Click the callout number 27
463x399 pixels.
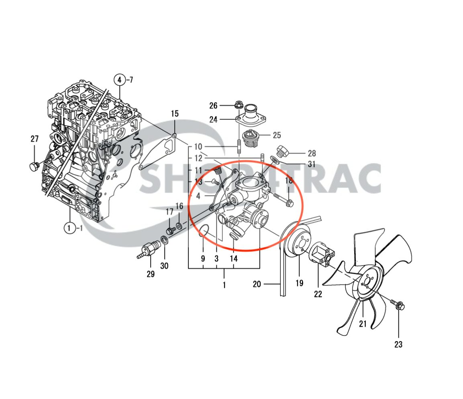pyautogui.click(x=35, y=139)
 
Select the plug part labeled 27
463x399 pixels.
pyautogui.click(x=34, y=166)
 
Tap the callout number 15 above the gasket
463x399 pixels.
pyautogui.click(x=175, y=114)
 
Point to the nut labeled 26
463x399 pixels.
pyautogui.click(x=238, y=105)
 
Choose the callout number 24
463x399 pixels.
pyautogui.click(x=213, y=119)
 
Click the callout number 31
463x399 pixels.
pyautogui.click(x=312, y=164)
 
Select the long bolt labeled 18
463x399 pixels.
pyautogui.click(x=283, y=199)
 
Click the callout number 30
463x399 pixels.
pyautogui.click(x=165, y=265)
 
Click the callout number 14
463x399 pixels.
pyautogui.click(x=234, y=258)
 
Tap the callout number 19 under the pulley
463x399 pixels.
pyautogui.click(x=300, y=283)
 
